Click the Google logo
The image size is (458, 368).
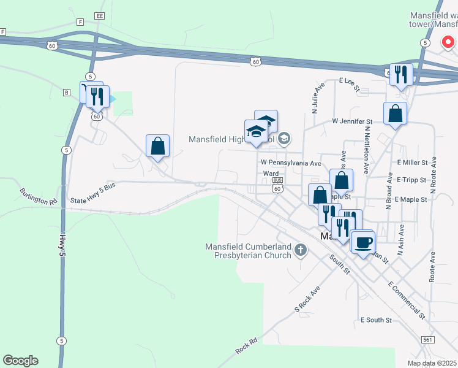click(20, 361)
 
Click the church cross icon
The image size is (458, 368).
click(300, 250)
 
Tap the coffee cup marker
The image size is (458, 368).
click(362, 241)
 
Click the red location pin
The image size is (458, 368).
click(448, 43)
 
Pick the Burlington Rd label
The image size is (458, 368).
click(38, 196)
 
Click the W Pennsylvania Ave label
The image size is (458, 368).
click(290, 163)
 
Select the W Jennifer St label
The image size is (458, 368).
click(352, 121)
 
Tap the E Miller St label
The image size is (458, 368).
click(412, 163)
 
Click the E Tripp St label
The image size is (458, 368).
click(412, 180)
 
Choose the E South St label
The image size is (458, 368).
click(375, 320)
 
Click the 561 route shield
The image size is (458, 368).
click(428, 339)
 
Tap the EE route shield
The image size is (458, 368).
click(100, 15)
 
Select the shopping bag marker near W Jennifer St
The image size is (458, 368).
click(396, 113)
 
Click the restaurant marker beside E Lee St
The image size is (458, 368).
click(401, 75)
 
